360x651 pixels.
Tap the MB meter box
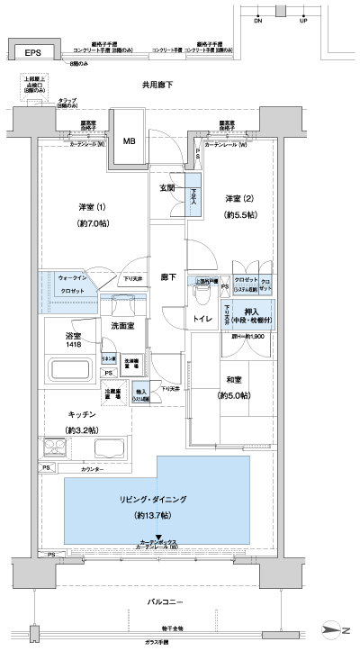130,141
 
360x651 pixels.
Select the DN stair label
258,19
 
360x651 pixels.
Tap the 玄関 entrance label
167,188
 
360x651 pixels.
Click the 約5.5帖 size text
240,215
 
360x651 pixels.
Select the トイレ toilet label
202,318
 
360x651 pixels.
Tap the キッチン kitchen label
83,413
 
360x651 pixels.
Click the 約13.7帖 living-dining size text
159,517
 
